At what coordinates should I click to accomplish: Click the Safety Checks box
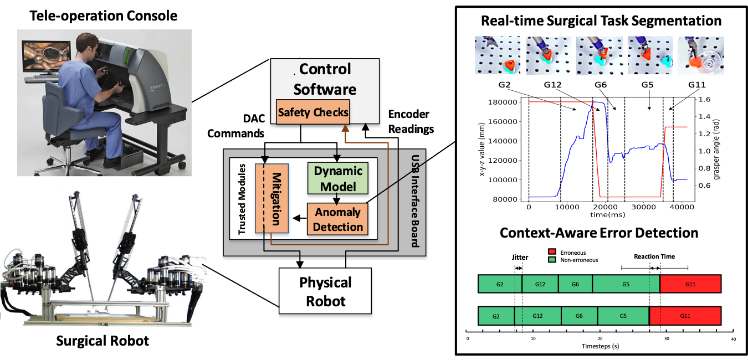click(x=313, y=112)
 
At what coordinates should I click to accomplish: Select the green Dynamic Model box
click(x=338, y=178)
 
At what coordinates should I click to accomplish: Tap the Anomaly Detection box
click(x=338, y=219)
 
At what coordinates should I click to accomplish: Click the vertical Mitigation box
click(x=272, y=198)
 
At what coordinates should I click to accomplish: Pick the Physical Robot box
click(x=325, y=292)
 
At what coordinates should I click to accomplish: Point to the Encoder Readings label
click(x=409, y=121)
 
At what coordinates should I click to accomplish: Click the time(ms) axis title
click(x=607, y=214)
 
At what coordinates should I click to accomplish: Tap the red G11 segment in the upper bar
click(x=690, y=284)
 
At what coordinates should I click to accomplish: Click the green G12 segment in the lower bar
click(x=537, y=316)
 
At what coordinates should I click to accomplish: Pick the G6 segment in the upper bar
click(x=575, y=284)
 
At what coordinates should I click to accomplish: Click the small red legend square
click(x=551, y=251)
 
